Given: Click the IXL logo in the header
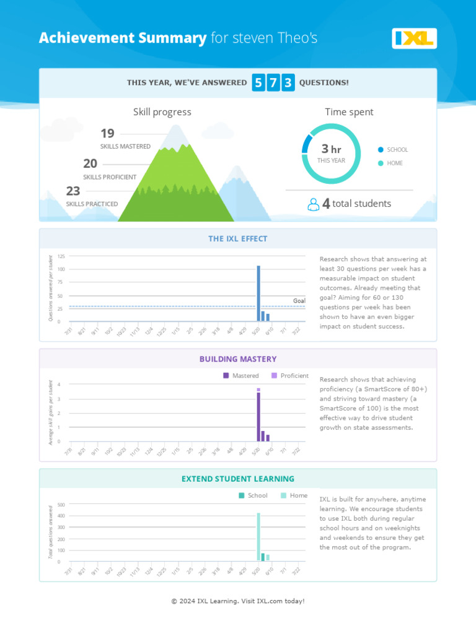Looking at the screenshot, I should tap(414, 38).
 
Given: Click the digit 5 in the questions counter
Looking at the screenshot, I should tap(258, 83).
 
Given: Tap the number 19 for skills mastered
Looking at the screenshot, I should tap(107, 134).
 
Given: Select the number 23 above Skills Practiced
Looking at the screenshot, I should tap(73, 191).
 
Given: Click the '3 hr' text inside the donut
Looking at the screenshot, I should tap(331, 149).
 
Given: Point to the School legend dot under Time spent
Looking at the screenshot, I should tap(381, 150).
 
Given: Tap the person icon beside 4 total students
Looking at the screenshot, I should tap(314, 204).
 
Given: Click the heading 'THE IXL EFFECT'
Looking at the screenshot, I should tap(238, 239).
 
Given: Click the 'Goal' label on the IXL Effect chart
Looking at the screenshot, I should tap(299, 301).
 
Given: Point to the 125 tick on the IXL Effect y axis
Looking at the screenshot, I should tap(61, 256).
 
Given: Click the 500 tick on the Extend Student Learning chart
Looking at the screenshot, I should tap(61, 505).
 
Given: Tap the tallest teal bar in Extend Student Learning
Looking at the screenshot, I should tap(258, 536).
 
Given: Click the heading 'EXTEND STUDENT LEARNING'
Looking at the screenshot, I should tap(238, 479).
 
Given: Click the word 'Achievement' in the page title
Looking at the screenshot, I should tap(79, 38).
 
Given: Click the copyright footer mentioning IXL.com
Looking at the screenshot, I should tap(238, 601).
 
